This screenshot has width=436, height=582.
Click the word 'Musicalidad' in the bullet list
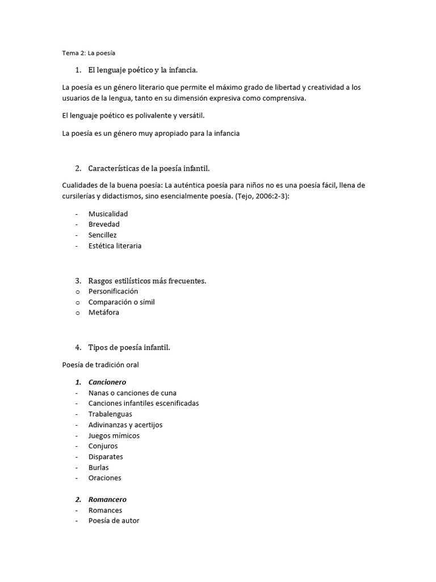(108, 214)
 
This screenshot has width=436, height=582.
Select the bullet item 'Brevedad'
(104, 224)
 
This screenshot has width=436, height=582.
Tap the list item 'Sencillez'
(103, 235)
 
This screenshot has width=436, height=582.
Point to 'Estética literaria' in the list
(115, 246)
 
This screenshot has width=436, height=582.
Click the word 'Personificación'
(113, 291)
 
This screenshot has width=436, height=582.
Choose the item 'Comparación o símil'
(121, 302)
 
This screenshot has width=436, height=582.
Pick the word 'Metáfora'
(104, 312)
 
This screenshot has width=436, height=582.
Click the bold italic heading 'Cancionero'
(107, 382)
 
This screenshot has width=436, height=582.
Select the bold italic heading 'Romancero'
(107, 499)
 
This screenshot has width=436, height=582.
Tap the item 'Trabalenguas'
(110, 414)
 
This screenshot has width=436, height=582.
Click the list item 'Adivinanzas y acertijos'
(125, 425)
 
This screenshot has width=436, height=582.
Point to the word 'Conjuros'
(103, 446)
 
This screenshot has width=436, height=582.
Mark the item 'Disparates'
(106, 456)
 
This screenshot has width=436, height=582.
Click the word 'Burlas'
(99, 467)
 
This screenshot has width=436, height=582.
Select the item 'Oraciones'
(105, 478)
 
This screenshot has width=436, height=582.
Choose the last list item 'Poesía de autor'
(114, 520)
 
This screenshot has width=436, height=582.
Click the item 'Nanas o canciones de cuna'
(132, 393)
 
